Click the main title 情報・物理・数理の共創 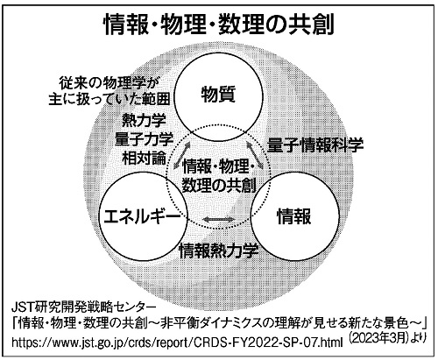[x=219, y=25]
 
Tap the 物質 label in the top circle [x=218, y=95]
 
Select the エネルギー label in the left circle [x=143, y=216]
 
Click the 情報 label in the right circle [x=293, y=216]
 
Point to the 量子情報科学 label [x=315, y=145]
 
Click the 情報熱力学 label [x=219, y=251]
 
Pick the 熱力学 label [x=145, y=120]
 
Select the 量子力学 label [x=145, y=139]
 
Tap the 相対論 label [x=145, y=159]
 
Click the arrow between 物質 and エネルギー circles [x=182, y=156]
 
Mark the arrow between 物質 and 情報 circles [x=255, y=156]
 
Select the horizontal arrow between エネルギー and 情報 [x=219, y=220]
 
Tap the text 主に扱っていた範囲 [x=109, y=99]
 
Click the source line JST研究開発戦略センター [x=83, y=307]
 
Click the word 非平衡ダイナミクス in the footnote [x=216, y=323]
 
